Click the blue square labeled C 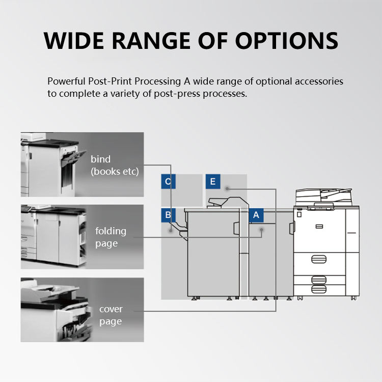pyautogui.click(x=168, y=181)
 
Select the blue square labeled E pyautogui.click(x=212, y=181)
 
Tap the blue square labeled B pyautogui.click(x=168, y=215)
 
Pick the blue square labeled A pyautogui.click(x=256, y=215)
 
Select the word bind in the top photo pyautogui.click(x=100, y=159)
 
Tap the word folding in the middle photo pyautogui.click(x=111, y=231)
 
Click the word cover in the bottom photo pyautogui.click(x=111, y=309)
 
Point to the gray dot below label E pyautogui.click(x=227, y=188)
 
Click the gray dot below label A pyautogui.click(x=261, y=230)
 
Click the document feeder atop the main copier pyautogui.click(x=323, y=196)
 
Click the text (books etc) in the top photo pyautogui.click(x=115, y=172)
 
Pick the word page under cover pyautogui.click(x=111, y=321)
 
